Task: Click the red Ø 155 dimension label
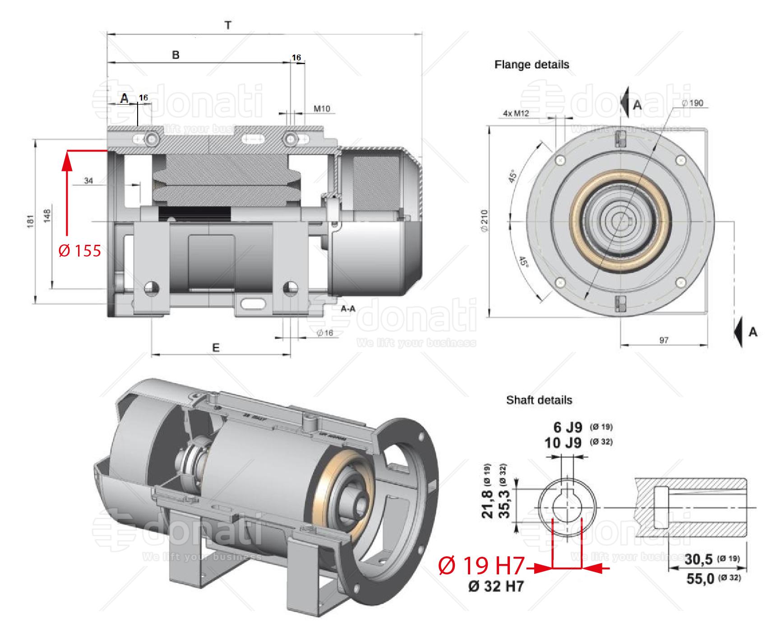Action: coord(80,251)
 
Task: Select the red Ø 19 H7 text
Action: coord(481,566)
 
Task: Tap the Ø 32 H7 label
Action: coord(496,587)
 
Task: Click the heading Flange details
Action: coord(532,64)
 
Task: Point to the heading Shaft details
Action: coord(539,400)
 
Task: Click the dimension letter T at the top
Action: coord(228,26)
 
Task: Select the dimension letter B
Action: coord(176,55)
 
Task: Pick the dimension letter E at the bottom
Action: coord(216,348)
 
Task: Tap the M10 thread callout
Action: coord(322,109)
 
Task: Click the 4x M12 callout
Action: coord(516,114)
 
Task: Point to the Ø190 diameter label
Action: coord(692,103)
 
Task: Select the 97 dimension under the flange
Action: coord(663,340)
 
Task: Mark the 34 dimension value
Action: coord(88,181)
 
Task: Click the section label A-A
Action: coord(348,309)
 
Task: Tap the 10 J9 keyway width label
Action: coord(563,442)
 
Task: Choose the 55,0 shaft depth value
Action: coord(700,579)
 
